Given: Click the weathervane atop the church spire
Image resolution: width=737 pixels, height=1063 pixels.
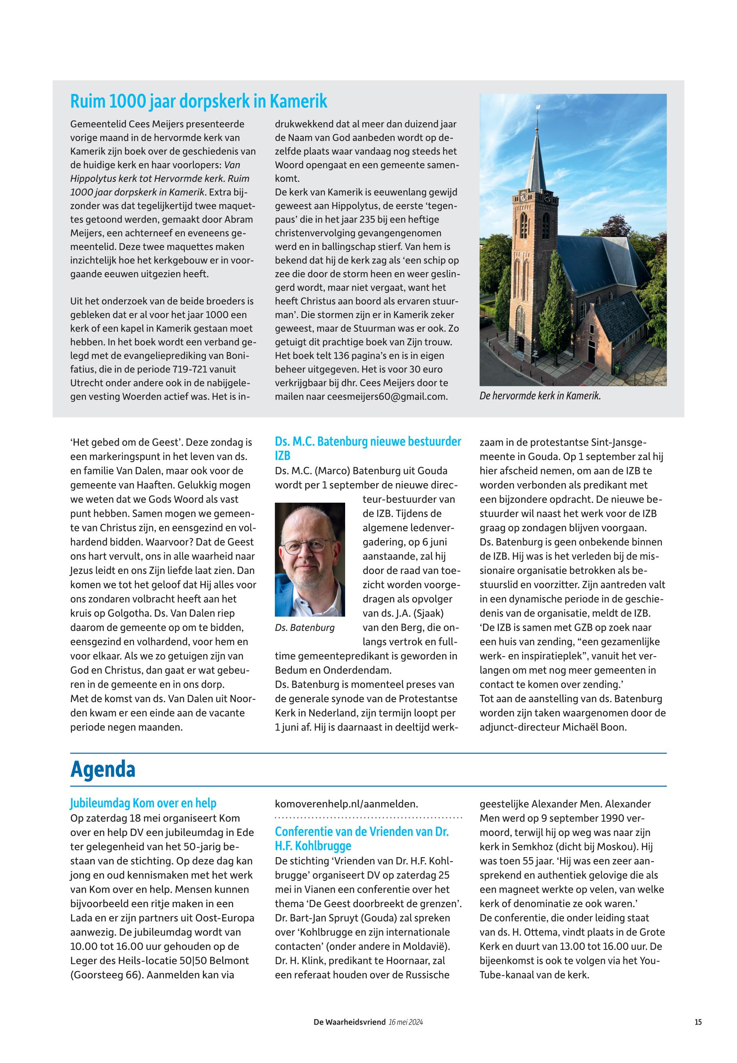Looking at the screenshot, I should tap(538, 107).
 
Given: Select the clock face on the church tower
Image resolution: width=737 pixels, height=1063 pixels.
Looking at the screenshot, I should tap(523, 196).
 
